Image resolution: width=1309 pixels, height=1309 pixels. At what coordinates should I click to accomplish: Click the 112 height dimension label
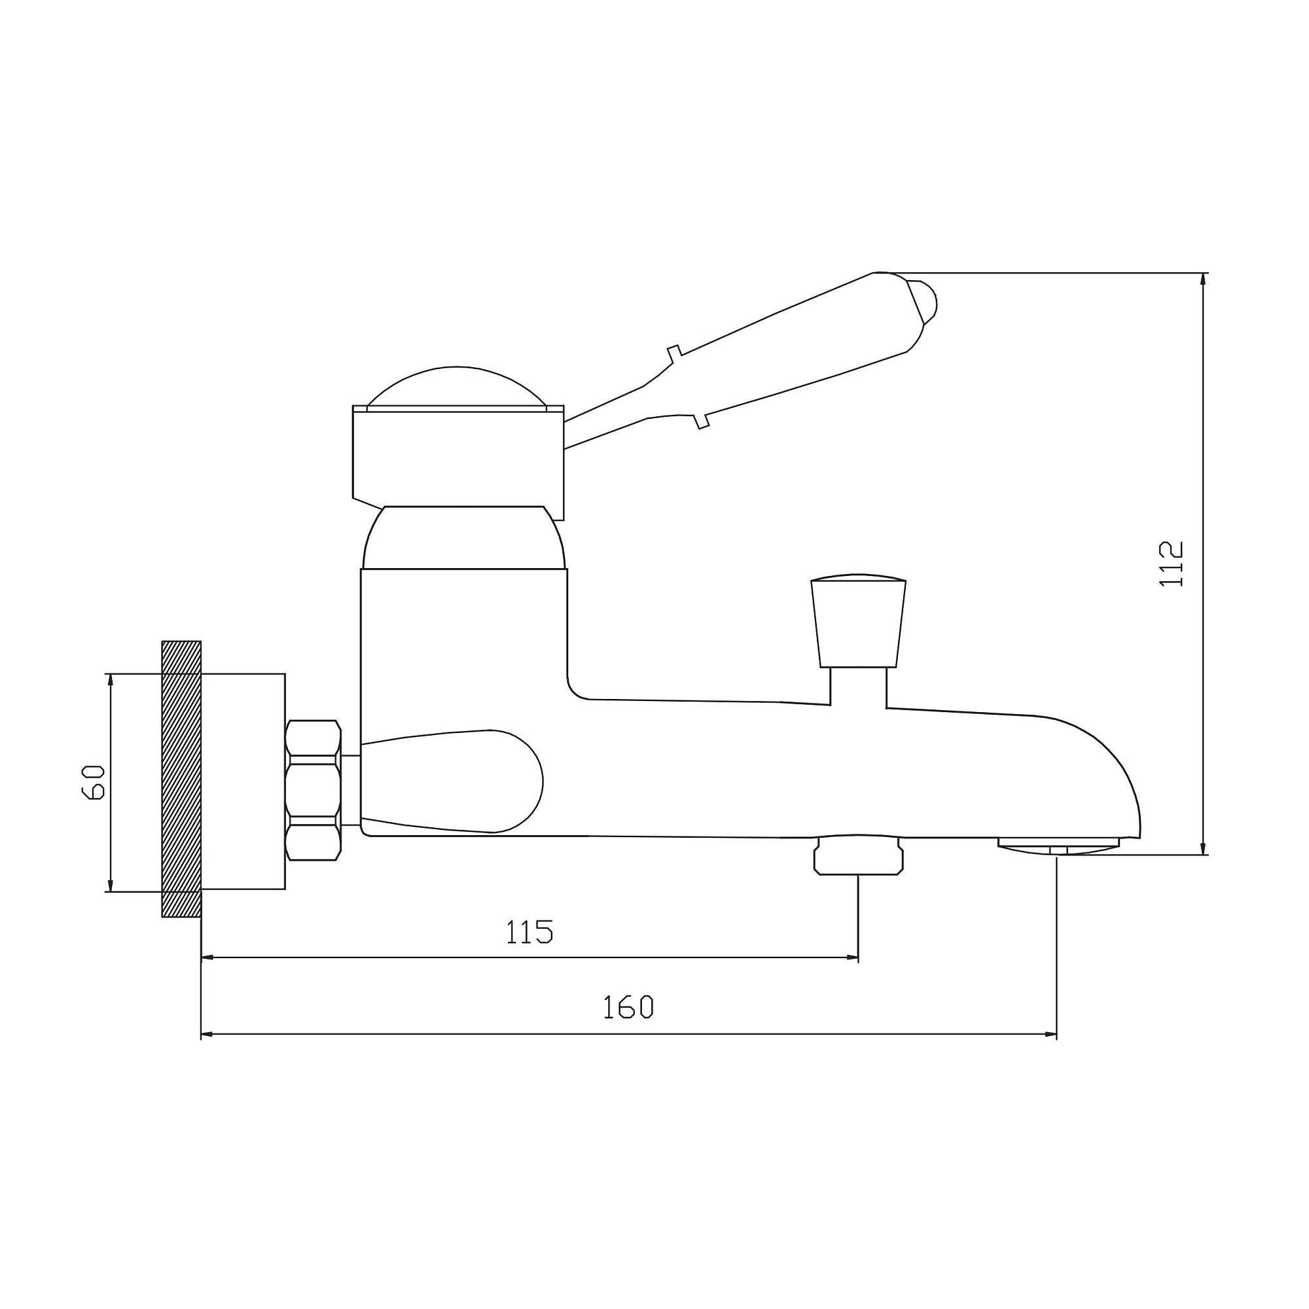point(1172,564)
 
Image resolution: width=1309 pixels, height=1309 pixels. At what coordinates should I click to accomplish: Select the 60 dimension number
point(94,783)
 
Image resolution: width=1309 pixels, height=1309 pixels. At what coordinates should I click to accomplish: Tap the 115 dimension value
point(530,931)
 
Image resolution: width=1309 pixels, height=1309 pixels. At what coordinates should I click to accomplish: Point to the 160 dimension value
point(628,1007)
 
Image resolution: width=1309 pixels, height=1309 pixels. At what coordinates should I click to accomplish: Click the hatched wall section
point(181,779)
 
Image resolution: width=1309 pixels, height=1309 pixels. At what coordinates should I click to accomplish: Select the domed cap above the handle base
point(457,388)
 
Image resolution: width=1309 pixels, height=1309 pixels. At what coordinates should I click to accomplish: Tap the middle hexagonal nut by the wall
point(312,790)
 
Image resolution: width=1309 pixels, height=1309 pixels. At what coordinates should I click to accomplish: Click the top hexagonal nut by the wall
point(312,738)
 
